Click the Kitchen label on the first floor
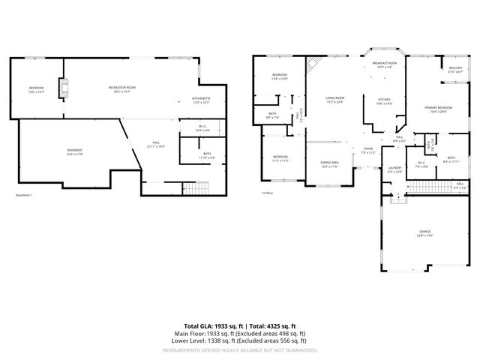(x=384, y=101)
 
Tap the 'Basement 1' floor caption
(x=25, y=195)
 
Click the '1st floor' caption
(x=266, y=193)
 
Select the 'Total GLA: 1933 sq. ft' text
(x=204, y=325)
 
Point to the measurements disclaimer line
(x=240, y=349)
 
